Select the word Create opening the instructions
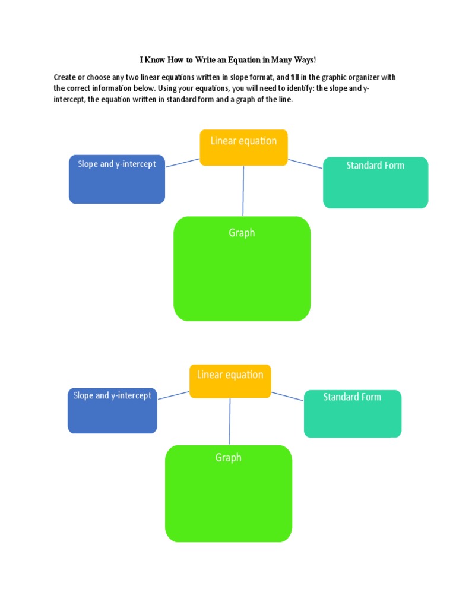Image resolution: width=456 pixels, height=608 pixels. pyautogui.click(x=65, y=77)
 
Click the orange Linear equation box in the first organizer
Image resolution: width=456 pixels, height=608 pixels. pyautogui.click(x=243, y=147)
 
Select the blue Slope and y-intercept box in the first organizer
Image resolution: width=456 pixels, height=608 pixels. pyautogui.click(x=117, y=179)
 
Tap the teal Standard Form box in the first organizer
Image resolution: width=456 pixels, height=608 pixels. pyautogui.click(x=375, y=182)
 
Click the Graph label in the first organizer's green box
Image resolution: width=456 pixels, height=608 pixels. pyautogui.click(x=242, y=233)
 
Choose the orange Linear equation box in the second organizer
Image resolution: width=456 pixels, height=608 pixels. pyautogui.click(x=230, y=381)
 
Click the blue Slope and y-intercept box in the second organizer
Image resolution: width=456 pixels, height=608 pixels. pyautogui.click(x=112, y=410)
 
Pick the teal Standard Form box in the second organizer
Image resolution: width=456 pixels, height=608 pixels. pyautogui.click(x=352, y=413)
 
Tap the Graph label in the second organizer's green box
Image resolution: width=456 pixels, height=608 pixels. pyautogui.click(x=229, y=458)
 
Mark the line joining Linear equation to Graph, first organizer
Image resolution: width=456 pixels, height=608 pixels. pyautogui.click(x=243, y=191)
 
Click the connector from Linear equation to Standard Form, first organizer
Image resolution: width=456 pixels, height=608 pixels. pyautogui.click(x=305, y=163)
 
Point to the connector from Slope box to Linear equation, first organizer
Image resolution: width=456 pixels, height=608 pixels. pyautogui.click(x=182, y=163)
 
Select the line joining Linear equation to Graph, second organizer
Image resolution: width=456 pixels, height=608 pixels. pyautogui.click(x=230, y=422)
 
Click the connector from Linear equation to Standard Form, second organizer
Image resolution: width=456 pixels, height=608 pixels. pyautogui.click(x=287, y=396)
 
